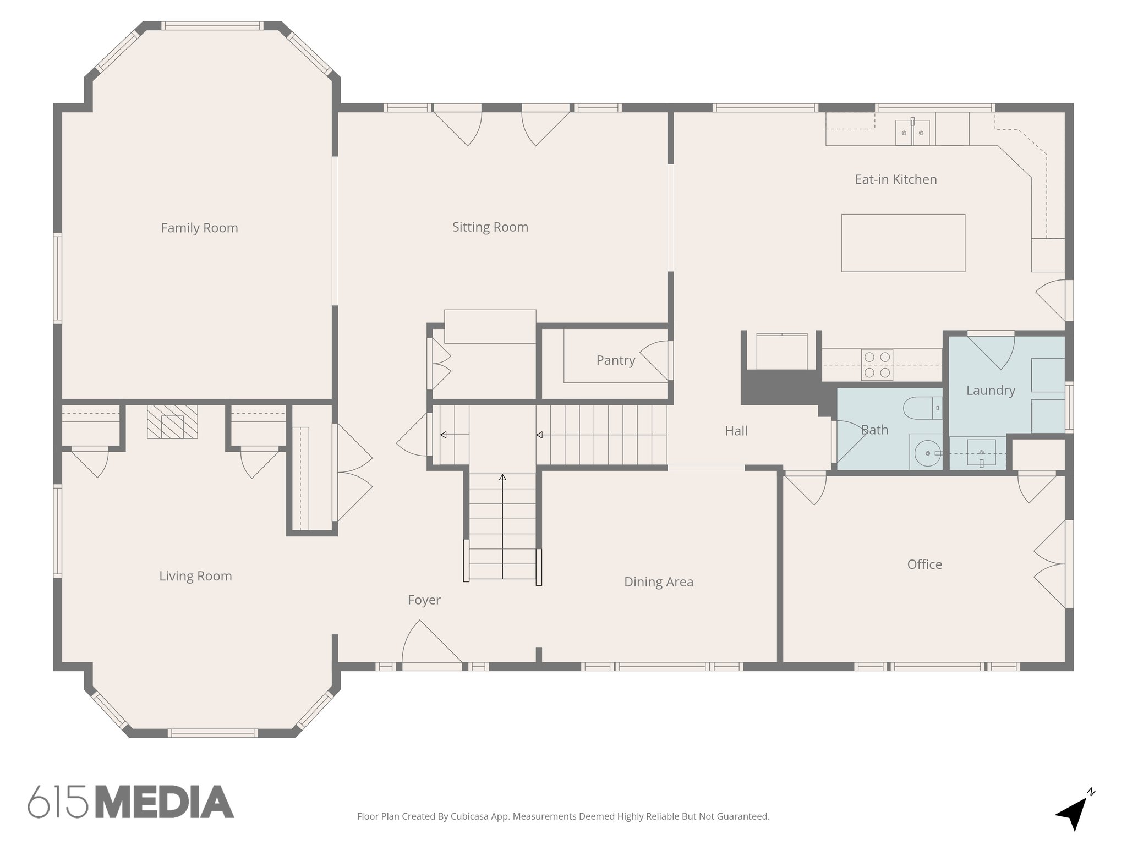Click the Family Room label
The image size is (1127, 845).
click(199, 228)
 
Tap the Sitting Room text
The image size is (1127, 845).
click(490, 227)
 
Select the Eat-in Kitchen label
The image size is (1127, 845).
click(895, 179)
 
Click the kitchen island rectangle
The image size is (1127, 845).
click(902, 243)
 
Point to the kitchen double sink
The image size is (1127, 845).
click(912, 133)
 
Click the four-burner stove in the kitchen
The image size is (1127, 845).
click(877, 364)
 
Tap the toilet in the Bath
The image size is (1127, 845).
click(922, 408)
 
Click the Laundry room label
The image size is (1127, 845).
click(990, 390)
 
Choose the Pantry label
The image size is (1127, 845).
click(615, 360)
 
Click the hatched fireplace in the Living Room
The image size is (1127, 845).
click(172, 422)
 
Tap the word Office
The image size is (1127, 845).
click(924, 564)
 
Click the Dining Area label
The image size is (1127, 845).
click(658, 582)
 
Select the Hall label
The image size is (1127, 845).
click(736, 431)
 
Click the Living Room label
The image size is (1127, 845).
click(195, 576)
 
